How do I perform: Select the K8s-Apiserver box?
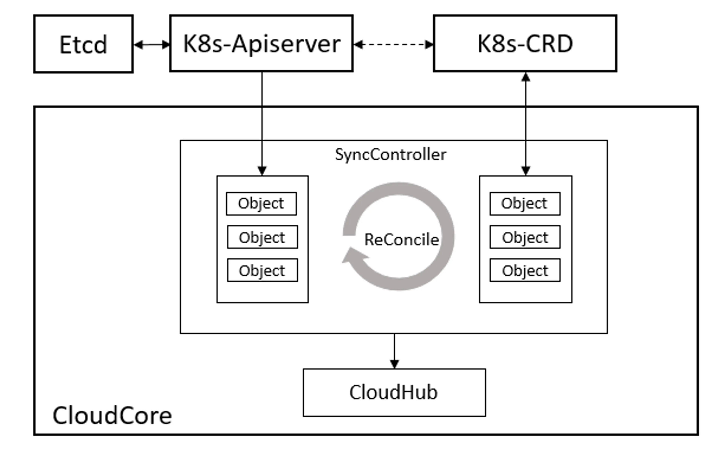261,43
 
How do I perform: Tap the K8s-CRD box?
525,43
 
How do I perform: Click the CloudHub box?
394,392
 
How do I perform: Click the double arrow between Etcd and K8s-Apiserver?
151,45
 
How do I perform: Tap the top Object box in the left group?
261,204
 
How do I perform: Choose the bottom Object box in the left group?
262,270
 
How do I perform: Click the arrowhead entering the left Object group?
262,171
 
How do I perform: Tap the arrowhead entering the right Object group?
526,171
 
